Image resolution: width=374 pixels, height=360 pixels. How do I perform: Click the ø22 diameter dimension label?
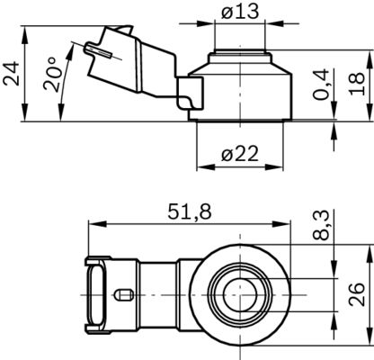pos(240,153)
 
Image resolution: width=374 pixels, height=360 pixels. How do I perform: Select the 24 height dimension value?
pos(12,73)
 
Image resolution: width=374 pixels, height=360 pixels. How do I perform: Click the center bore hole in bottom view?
pos(241,293)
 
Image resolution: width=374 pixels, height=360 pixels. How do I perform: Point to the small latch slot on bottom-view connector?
pos(124,294)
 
